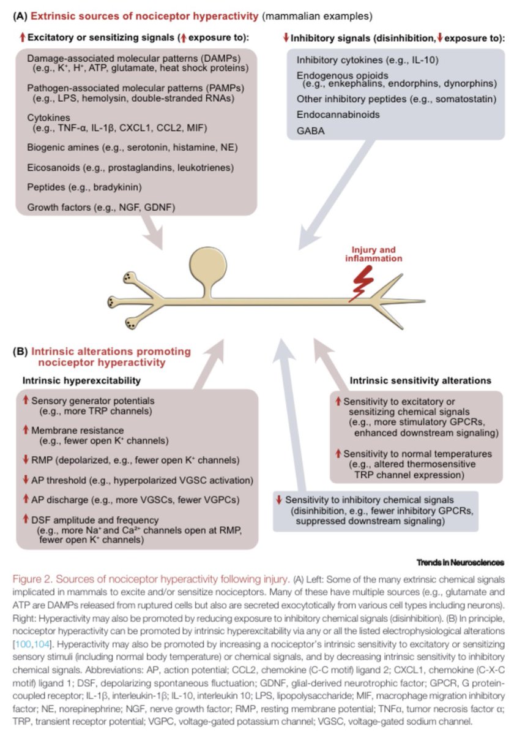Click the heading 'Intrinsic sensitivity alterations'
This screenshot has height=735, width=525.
[420, 380]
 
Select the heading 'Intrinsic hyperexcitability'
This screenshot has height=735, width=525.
[81, 380]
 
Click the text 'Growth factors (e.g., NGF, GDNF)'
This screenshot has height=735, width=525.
[101, 208]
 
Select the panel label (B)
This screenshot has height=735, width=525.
[20, 352]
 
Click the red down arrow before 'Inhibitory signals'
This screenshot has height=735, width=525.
[286, 38]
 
